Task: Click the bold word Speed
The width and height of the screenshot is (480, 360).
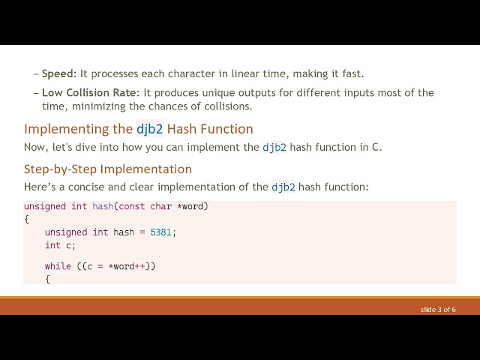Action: point(58,73)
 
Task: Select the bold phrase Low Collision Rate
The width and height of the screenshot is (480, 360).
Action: point(90,93)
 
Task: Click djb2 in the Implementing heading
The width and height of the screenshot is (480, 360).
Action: point(149,129)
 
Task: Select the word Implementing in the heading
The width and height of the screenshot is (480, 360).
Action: point(68,129)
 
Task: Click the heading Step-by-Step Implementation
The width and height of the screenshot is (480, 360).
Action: point(107,169)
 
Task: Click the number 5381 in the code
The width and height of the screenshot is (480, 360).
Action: point(161,232)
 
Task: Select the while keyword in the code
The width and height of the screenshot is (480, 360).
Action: point(58,266)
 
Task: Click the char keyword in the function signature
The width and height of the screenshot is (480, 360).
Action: point(161,206)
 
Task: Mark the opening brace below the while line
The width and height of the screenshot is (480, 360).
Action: point(47,279)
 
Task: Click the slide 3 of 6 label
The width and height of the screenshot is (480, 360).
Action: point(438,309)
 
